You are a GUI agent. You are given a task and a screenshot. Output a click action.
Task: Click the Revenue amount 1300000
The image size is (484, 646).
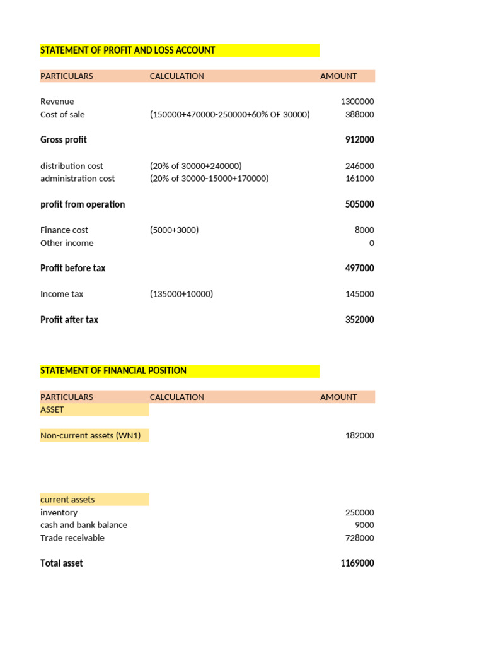click(x=357, y=102)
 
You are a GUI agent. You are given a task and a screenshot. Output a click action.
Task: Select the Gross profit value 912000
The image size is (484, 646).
click(x=359, y=139)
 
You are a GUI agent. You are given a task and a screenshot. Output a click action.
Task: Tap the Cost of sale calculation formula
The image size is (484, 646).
click(x=229, y=114)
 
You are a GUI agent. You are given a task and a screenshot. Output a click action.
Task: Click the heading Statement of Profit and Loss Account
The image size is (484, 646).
click(x=128, y=50)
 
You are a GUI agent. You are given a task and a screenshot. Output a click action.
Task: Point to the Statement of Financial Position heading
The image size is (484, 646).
click(x=113, y=370)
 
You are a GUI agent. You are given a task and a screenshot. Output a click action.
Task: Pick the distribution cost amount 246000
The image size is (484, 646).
click(x=359, y=166)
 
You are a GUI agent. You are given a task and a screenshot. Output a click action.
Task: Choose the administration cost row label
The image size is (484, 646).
click(x=78, y=179)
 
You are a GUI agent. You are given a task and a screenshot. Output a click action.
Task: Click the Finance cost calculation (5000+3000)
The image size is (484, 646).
click(x=174, y=230)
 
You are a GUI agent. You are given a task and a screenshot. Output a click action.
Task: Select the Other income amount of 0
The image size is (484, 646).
click(x=371, y=243)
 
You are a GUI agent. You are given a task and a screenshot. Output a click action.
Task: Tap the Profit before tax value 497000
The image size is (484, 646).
click(x=359, y=268)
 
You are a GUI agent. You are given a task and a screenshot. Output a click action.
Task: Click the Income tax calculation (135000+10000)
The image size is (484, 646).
click(x=181, y=294)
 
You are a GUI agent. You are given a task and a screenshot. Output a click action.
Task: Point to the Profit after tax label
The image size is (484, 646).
click(x=69, y=320)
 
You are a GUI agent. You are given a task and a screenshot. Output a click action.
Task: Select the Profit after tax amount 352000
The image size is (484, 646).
click(x=359, y=320)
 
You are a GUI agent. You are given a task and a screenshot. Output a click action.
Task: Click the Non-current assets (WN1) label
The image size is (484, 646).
click(x=91, y=435)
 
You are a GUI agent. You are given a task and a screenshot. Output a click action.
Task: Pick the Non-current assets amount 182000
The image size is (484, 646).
click(x=359, y=435)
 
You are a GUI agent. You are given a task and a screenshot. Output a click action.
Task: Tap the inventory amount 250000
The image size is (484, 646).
click(x=359, y=513)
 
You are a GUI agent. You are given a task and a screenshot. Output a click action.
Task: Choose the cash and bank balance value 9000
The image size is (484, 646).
click(x=364, y=525)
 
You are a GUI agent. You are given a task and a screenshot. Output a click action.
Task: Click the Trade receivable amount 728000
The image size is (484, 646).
click(x=359, y=538)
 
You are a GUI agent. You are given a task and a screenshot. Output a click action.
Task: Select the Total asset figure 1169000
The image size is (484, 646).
click(x=357, y=563)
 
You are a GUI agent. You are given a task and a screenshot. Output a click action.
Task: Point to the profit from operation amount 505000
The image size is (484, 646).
click(x=359, y=204)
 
